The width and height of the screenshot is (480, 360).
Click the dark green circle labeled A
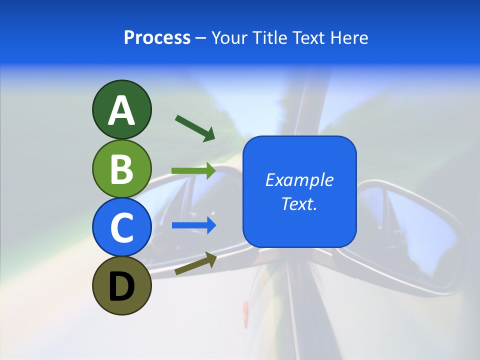point(121,109)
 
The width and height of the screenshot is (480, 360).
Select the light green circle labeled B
point(121,168)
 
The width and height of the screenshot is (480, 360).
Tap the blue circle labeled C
point(121,227)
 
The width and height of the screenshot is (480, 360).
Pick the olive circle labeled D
point(121,285)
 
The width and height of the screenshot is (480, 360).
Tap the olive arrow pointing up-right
point(195,264)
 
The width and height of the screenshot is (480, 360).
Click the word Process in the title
point(157,38)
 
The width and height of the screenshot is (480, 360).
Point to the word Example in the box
point(299,180)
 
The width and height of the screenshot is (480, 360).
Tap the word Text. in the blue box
point(299,203)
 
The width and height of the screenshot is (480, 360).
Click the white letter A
point(121,110)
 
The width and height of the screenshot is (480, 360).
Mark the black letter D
point(121,286)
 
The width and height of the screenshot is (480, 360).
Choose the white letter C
point(121,228)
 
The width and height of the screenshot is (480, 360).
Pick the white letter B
point(121,169)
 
